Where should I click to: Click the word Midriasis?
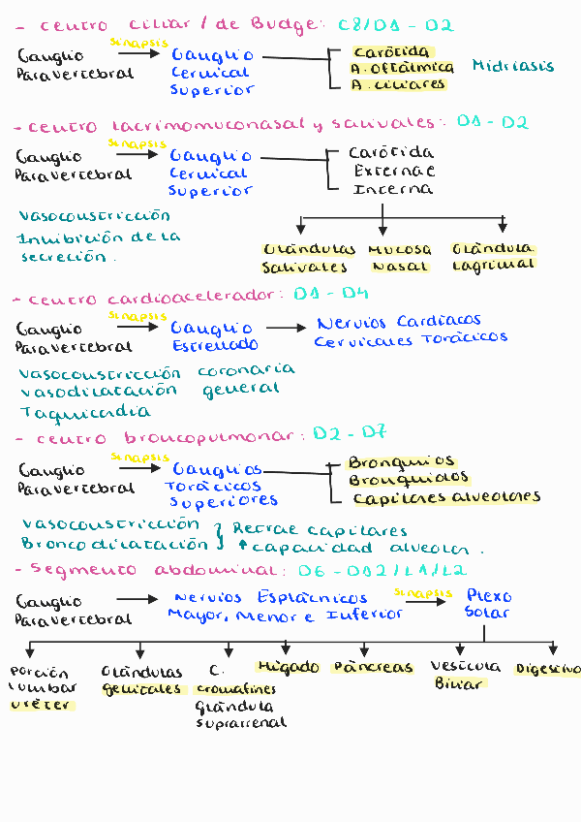click(513, 66)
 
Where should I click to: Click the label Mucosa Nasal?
click(400, 257)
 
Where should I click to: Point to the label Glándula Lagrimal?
click(492, 256)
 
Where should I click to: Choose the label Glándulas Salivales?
click(308, 258)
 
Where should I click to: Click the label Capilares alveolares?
click(446, 498)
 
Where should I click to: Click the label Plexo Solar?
click(488, 603)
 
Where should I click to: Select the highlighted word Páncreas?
click(372, 667)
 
